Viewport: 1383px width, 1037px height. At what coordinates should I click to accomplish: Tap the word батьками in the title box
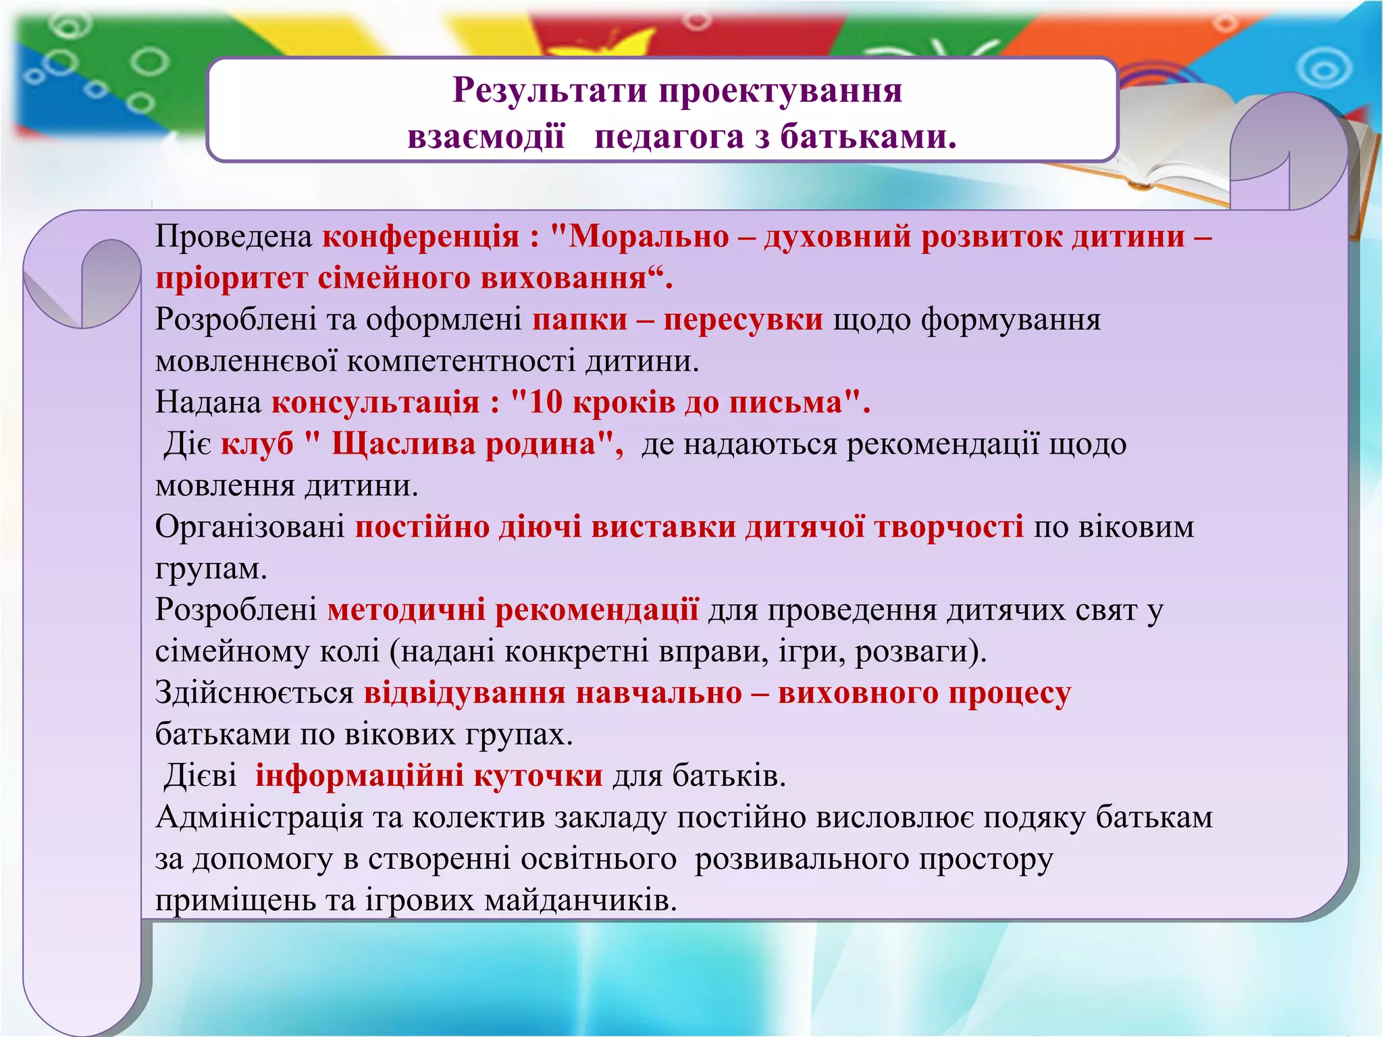tap(868, 137)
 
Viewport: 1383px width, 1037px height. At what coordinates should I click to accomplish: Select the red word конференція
tap(420, 237)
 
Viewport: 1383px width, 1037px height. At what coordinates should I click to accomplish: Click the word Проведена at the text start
tap(234, 237)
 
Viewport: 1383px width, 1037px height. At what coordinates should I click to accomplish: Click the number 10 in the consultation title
tap(545, 403)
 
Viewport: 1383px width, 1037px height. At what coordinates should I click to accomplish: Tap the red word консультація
tap(375, 403)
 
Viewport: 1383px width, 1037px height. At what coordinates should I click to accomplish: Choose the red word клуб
tap(257, 445)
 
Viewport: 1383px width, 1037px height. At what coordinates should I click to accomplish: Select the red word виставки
tap(663, 527)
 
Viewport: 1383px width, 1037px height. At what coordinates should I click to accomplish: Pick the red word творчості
tap(949, 527)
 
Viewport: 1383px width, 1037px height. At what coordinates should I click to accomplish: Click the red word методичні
tap(406, 610)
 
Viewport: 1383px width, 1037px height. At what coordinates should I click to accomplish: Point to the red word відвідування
tap(465, 693)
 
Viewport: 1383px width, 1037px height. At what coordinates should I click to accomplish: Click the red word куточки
tap(538, 776)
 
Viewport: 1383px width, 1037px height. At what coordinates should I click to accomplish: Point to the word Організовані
tap(250, 527)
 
